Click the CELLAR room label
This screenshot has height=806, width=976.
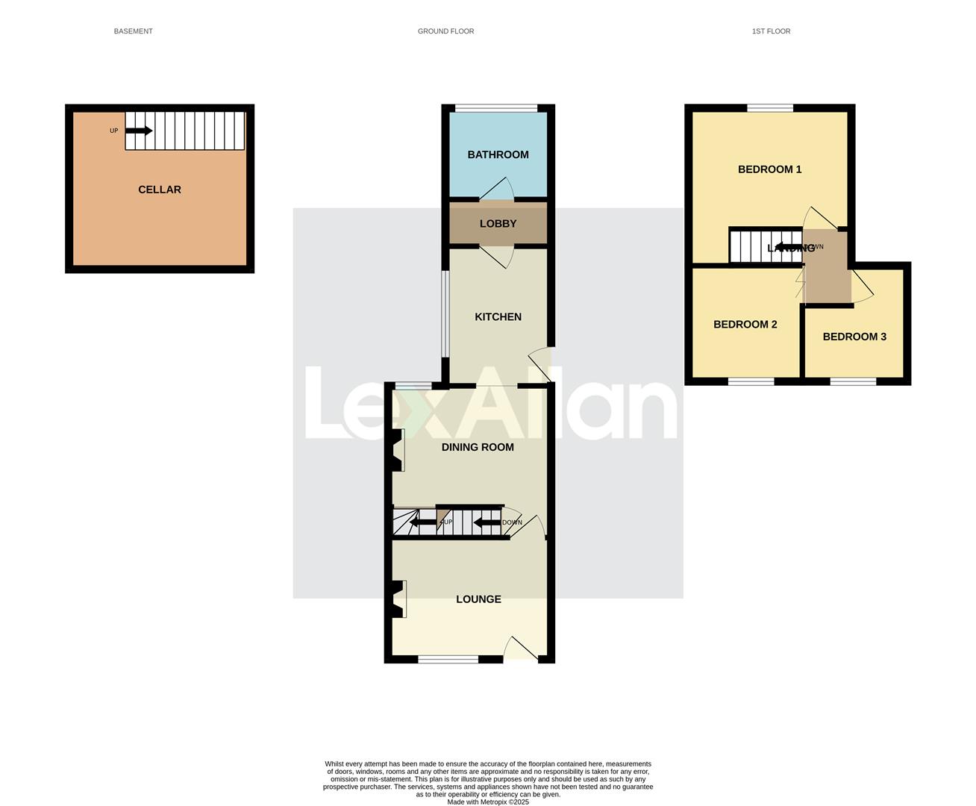160,190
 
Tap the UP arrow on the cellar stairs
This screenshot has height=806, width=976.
139,131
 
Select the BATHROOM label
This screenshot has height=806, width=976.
498,154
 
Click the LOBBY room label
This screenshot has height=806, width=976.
498,223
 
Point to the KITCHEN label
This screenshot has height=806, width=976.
498,316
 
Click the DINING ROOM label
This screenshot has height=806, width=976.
478,447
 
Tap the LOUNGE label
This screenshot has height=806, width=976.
478,599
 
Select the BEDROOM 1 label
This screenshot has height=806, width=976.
769,169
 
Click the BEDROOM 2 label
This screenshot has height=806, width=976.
745,324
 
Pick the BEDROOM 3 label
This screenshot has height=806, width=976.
854,337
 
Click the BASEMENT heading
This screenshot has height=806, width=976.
133,31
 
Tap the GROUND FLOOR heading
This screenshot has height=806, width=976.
445,31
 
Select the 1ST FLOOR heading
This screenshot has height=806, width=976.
771,31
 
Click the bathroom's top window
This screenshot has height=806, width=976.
497,109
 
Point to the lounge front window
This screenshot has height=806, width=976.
448,659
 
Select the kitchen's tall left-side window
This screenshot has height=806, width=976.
445,313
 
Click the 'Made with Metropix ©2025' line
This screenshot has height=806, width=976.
488,802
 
